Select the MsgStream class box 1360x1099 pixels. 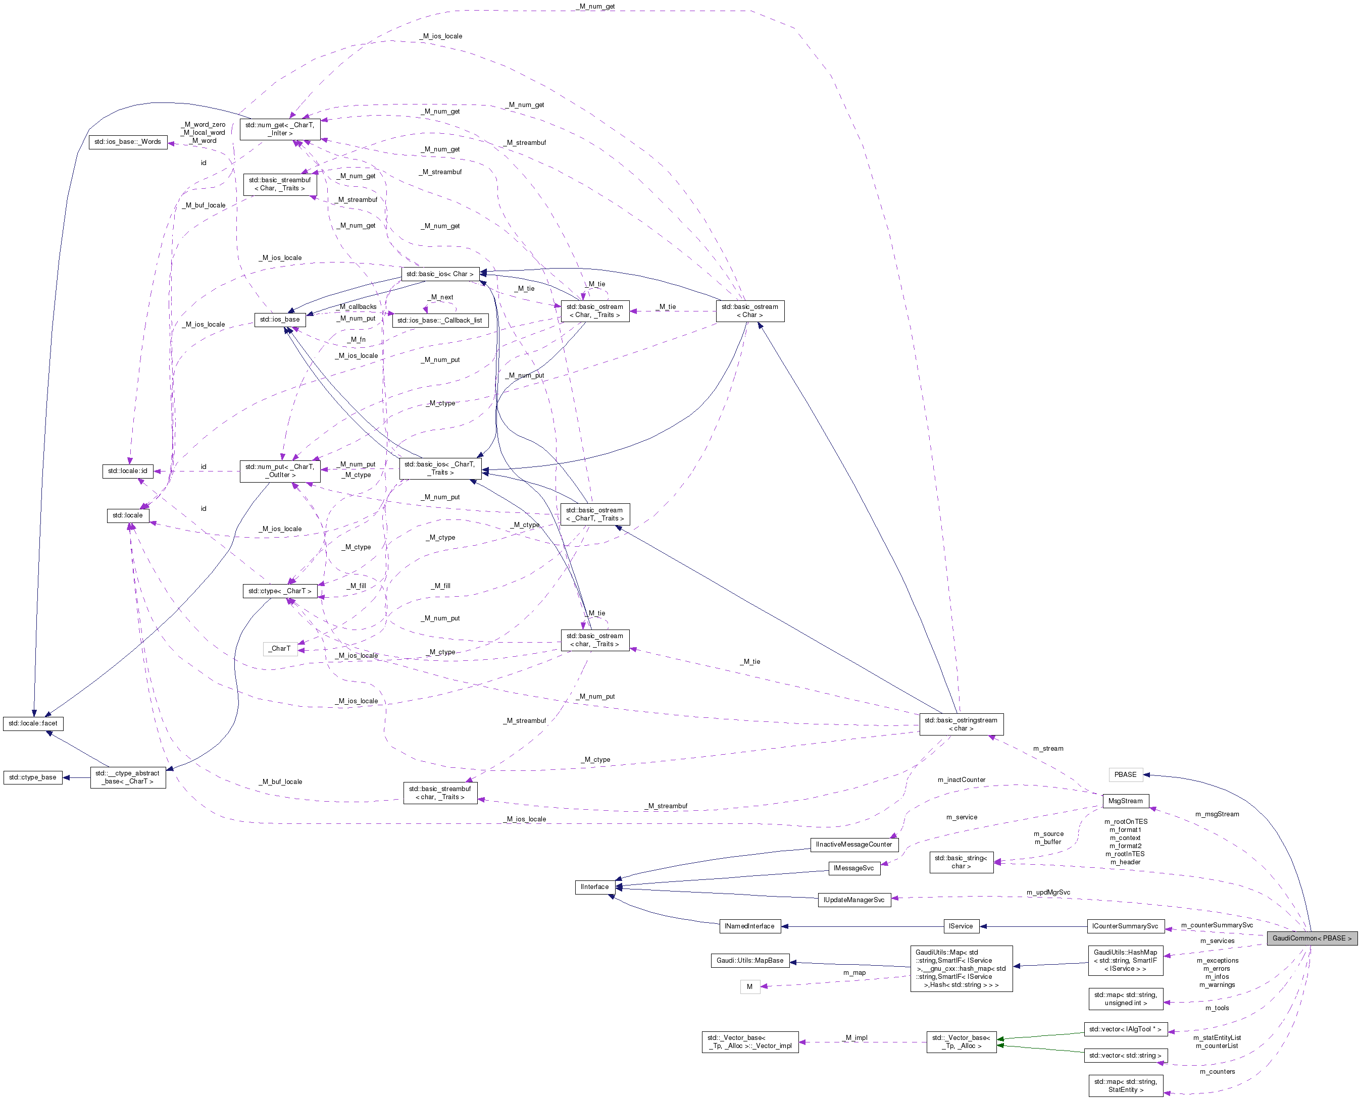coord(1125,801)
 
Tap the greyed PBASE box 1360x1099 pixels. coord(1125,774)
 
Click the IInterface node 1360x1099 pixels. coord(594,887)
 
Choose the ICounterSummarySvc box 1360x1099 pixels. coord(1125,926)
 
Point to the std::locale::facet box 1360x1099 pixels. coord(33,723)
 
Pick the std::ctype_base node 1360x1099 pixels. coord(33,777)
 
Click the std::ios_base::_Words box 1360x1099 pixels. coord(128,142)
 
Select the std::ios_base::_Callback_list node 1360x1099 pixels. coord(439,321)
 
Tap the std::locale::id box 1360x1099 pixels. coord(128,471)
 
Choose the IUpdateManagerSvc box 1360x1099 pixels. coord(854,900)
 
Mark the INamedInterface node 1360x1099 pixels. coord(749,926)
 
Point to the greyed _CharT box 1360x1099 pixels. coord(280,648)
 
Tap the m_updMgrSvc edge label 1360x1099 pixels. coord(1048,893)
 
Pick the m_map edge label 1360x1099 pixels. coord(854,972)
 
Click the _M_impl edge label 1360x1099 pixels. coord(856,1037)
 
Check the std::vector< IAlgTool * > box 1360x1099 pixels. coord(1125,1029)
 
